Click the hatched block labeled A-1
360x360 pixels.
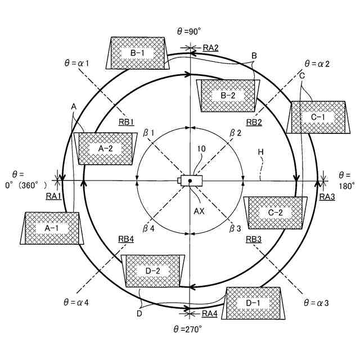click(x=52, y=228)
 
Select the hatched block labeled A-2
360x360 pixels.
click(x=106, y=148)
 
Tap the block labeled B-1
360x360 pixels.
click(x=138, y=53)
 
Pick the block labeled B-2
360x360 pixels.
click(x=228, y=95)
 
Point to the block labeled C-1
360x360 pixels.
click(x=318, y=117)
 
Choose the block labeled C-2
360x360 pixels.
click(x=275, y=213)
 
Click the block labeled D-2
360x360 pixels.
click(x=153, y=271)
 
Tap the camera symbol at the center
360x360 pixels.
click(x=188, y=181)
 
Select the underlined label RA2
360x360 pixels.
click(x=210, y=48)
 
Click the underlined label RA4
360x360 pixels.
click(x=210, y=313)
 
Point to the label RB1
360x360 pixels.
click(x=126, y=122)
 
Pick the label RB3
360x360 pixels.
click(x=254, y=239)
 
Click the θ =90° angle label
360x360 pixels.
click(x=189, y=31)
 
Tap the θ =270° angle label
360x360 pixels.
click(x=188, y=329)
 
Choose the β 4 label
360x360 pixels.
click(x=148, y=228)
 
